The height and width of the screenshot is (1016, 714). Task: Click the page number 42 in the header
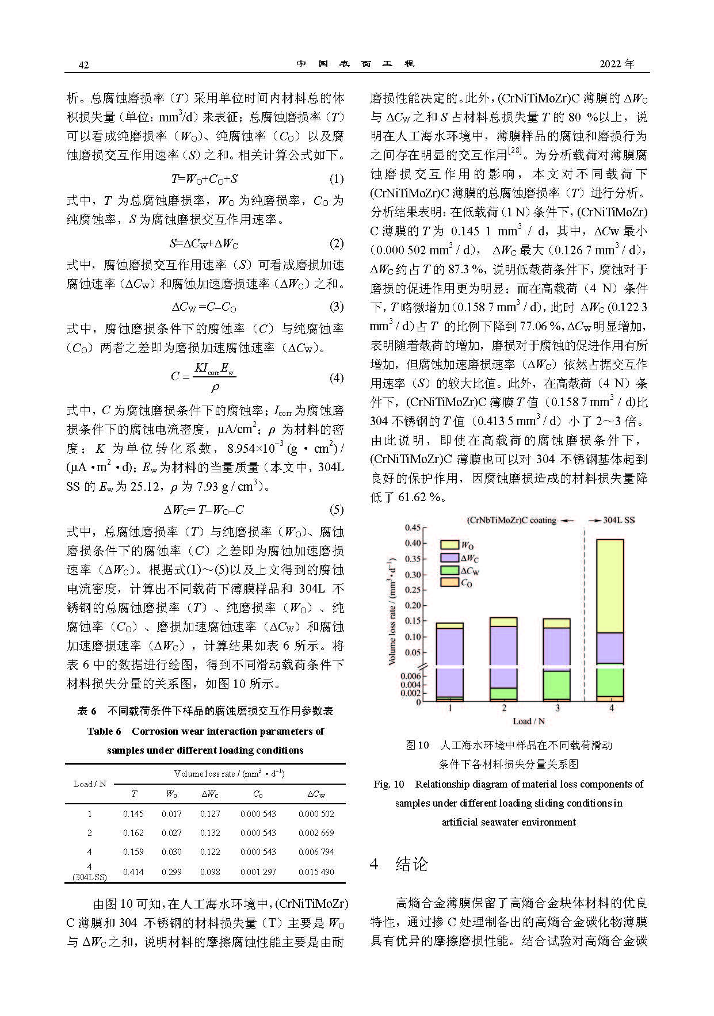pos(83,64)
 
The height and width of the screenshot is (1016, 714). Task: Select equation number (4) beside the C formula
pos(337,378)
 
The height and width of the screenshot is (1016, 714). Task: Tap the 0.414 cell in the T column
pos(133,872)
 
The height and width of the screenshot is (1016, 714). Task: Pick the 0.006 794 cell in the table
pos(316,851)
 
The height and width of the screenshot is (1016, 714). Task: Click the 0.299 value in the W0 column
pos(171,872)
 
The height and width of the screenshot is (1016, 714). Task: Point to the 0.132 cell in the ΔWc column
pos(210,832)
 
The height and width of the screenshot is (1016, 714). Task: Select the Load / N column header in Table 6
pos(90,784)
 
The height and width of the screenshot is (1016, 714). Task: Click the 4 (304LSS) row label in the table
pos(90,872)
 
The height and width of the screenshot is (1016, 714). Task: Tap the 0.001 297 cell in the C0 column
pos(258,872)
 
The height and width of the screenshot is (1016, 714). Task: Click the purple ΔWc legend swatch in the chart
pos(449,557)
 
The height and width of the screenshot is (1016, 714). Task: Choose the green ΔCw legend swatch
pos(449,570)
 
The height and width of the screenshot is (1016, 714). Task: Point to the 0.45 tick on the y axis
pos(413,528)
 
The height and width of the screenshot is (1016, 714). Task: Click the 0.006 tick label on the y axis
pos(411,676)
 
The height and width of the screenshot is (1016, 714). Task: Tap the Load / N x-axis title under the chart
pos(529,721)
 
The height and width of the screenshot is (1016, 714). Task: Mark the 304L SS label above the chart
pos(619,520)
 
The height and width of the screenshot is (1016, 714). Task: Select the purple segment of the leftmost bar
pos(450,662)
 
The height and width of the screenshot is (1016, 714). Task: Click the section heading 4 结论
pos(400,864)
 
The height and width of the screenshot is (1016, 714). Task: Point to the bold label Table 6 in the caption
pos(104,731)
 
